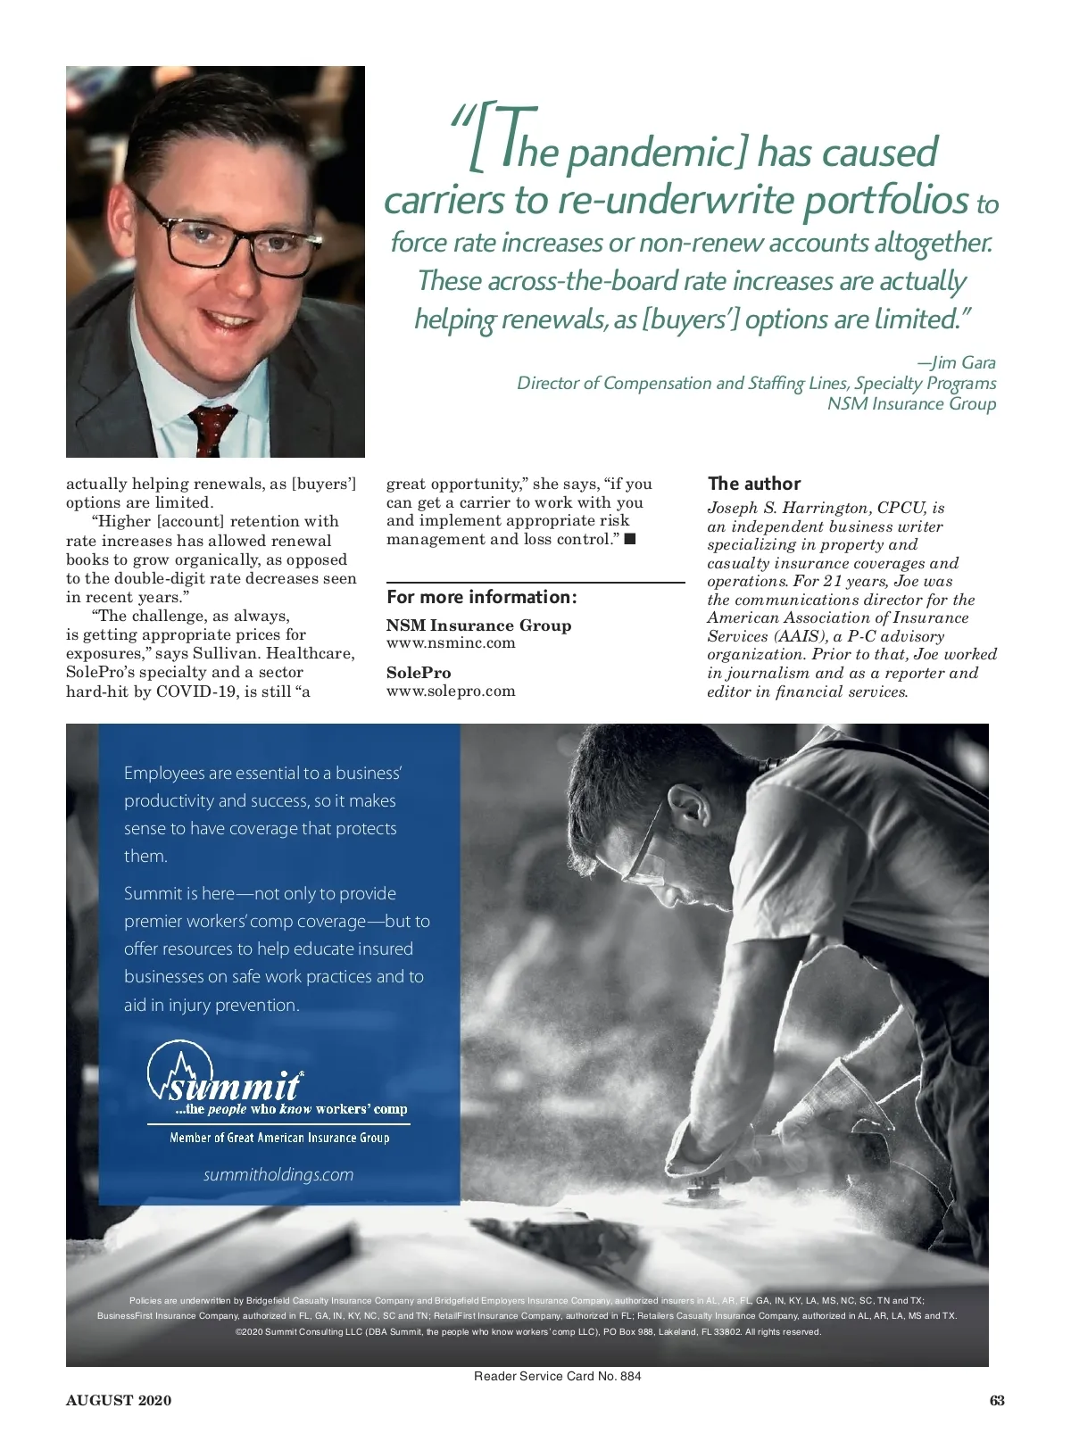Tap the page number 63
click(997, 1400)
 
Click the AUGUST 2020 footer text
click(119, 1400)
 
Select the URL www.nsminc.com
click(451, 643)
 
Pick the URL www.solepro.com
click(451, 691)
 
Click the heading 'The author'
click(754, 484)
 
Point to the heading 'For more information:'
click(482, 597)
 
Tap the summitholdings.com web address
click(278, 1174)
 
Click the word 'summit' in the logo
click(234, 1087)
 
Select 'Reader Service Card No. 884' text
click(557, 1376)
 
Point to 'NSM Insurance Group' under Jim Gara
click(911, 403)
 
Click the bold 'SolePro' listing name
click(419, 673)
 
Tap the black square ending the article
click(630, 539)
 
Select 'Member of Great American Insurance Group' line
click(279, 1138)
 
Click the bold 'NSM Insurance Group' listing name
click(478, 625)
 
